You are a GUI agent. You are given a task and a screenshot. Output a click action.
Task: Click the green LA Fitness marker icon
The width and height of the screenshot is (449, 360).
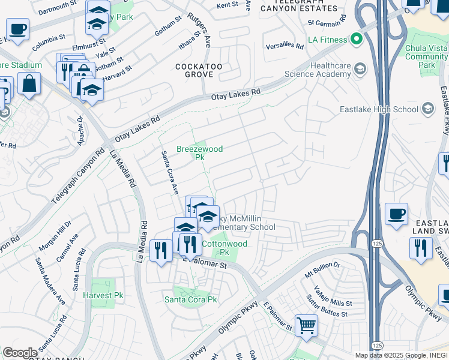pyautogui.click(x=357, y=40)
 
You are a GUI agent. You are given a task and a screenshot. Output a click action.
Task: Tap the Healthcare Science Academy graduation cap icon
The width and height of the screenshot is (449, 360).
pyautogui.click(x=360, y=68)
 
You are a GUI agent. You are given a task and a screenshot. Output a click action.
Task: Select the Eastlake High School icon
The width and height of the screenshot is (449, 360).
pyautogui.click(x=427, y=109)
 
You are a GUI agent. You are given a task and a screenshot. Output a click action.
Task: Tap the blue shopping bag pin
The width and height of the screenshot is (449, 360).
pyautogui.click(x=29, y=84)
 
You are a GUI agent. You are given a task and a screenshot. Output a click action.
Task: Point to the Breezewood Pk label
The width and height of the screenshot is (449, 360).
pyautogui.click(x=199, y=153)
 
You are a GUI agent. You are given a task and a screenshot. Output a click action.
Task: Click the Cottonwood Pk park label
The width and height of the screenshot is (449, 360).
pyautogui.click(x=224, y=248)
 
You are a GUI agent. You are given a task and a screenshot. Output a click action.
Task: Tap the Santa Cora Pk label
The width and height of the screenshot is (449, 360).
pyautogui.click(x=191, y=299)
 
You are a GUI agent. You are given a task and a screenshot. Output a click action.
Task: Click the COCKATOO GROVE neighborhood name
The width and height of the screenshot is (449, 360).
pyautogui.click(x=195, y=70)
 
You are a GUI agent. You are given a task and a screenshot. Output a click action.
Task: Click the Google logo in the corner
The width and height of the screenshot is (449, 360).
pyautogui.click(x=20, y=353)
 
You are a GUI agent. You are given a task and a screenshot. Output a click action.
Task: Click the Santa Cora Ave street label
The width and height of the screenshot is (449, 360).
pyautogui.click(x=169, y=172)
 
